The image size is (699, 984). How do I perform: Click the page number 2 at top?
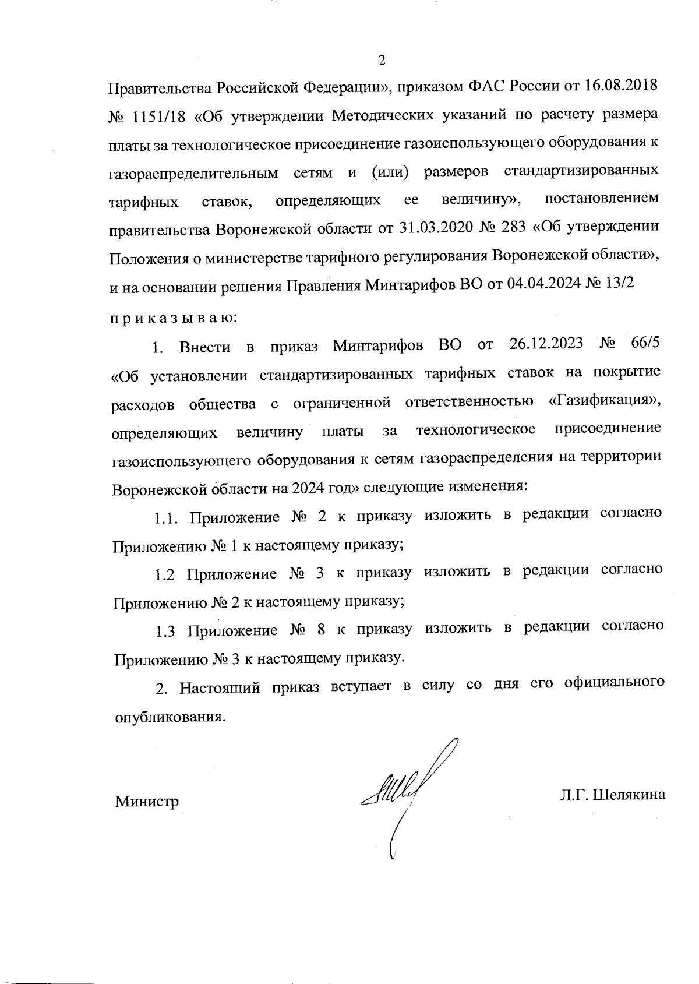pyautogui.click(x=382, y=59)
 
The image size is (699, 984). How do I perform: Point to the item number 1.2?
pyautogui.click(x=165, y=574)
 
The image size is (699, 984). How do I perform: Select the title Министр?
pyautogui.click(x=147, y=802)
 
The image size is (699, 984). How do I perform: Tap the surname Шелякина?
pyautogui.click(x=629, y=795)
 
